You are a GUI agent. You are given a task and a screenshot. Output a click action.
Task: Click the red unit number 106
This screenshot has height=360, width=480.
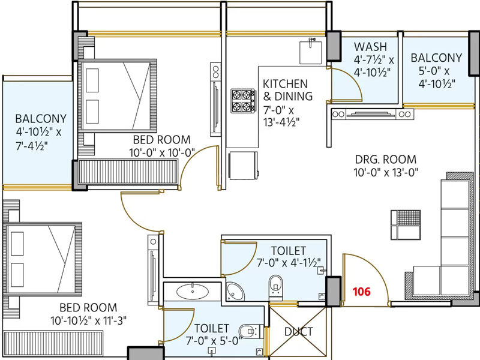pos(362,292)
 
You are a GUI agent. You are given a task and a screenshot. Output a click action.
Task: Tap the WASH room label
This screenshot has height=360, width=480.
pos(370,47)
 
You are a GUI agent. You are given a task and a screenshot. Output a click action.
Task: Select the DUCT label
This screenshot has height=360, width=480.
pos(298,332)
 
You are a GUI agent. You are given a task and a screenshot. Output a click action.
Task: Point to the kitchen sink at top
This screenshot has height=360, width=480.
pos(310,52)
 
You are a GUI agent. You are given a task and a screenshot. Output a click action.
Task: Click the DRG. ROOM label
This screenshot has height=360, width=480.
pos(386,159)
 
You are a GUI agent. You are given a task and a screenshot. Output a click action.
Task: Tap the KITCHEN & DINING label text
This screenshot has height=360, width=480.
pos(288,90)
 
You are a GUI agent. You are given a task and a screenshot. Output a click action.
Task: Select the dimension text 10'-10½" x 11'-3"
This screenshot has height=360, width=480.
pos(88,321)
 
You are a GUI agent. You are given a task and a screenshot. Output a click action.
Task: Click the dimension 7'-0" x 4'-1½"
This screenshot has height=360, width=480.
pos(289,263)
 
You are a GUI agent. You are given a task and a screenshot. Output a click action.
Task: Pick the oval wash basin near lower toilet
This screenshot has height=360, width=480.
pos(193,291)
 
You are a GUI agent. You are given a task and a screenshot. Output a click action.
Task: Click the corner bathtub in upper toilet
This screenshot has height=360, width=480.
pos(235,292)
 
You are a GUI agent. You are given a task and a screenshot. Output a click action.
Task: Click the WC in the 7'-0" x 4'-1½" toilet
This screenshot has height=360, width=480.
pos(276,287)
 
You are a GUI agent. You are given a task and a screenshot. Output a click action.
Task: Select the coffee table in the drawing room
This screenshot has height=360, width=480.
pos(406,224)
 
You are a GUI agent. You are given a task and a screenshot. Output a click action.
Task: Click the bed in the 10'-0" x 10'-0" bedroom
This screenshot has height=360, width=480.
pos(117,95)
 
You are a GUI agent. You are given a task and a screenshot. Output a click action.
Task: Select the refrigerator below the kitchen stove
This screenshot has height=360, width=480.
pos(244,166)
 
